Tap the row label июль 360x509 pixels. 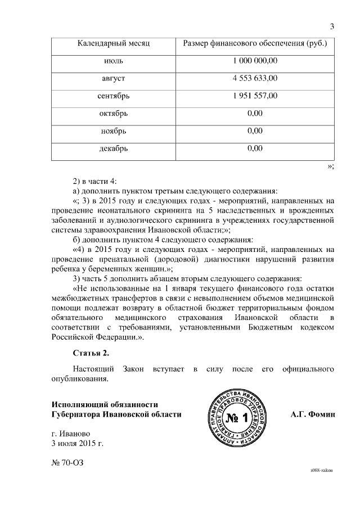point(114,60)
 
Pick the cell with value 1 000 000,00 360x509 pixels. point(255,60)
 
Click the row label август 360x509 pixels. point(114,78)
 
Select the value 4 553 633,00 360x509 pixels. point(255,78)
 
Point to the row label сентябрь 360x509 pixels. point(114,96)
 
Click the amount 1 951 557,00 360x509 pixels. point(255,96)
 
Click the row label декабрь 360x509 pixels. point(114,149)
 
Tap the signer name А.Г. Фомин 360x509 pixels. point(313,415)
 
